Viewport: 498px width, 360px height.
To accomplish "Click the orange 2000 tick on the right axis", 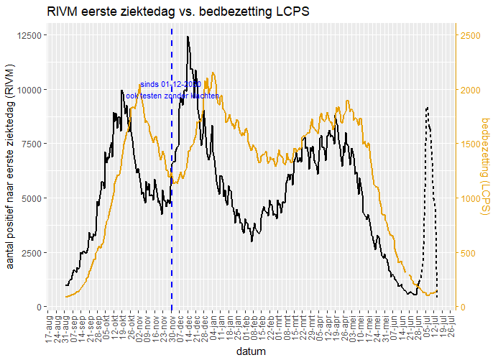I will click(468, 90).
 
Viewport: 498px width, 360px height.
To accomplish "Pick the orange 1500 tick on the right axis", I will click(468, 144).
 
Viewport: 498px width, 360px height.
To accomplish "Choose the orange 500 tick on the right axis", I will click(466, 253).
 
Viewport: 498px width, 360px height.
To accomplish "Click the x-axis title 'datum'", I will click(250, 352).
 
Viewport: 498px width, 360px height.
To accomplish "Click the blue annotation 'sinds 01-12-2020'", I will click(170, 85).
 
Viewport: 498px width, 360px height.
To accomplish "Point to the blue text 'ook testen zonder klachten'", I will click(172, 96).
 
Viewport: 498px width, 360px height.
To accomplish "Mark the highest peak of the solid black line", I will click(188, 37).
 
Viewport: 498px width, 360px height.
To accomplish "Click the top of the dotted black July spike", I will click(428, 108).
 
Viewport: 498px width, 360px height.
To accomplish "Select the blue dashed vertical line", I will click(172, 216).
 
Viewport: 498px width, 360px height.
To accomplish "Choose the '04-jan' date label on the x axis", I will click(213, 328).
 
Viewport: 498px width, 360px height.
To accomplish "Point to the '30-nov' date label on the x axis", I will click(172, 328).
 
